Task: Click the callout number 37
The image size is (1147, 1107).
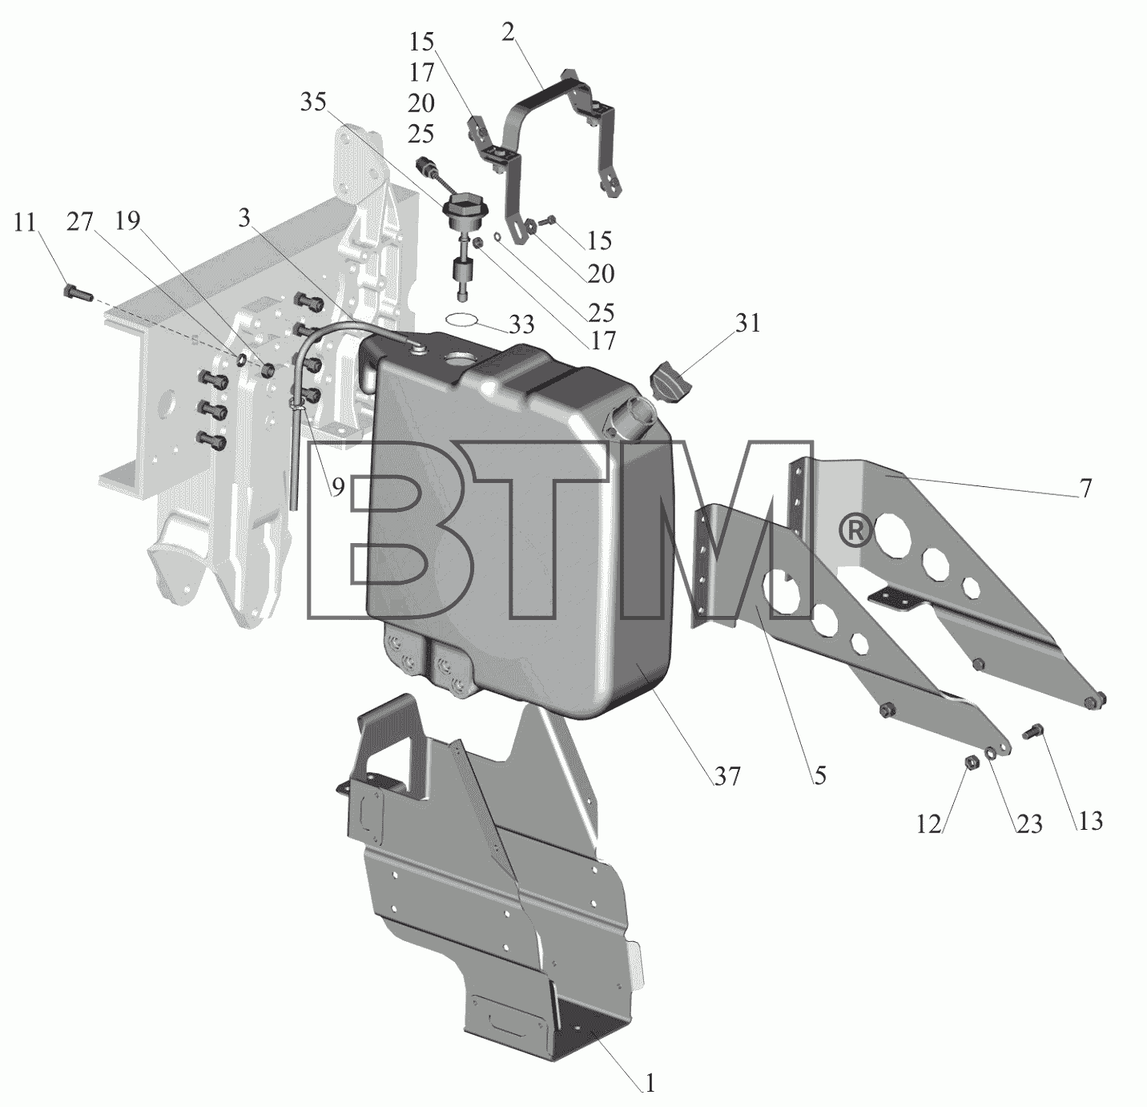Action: click(726, 777)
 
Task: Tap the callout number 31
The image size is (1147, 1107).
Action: click(748, 323)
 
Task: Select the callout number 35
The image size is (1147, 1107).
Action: click(313, 102)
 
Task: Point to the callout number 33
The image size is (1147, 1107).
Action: click(521, 324)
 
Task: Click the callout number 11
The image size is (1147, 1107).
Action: click(25, 223)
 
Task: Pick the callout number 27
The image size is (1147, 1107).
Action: click(79, 222)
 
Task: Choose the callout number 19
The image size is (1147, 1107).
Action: click(128, 221)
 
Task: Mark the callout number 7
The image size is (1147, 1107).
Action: click(1085, 488)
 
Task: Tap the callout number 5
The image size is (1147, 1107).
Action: click(820, 775)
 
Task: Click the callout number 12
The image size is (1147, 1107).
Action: click(929, 825)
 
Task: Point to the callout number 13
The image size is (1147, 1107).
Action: click(1090, 821)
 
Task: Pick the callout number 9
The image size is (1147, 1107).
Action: click(338, 488)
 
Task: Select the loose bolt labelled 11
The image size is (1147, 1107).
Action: click(77, 292)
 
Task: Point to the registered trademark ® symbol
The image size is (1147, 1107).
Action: click(856, 533)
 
